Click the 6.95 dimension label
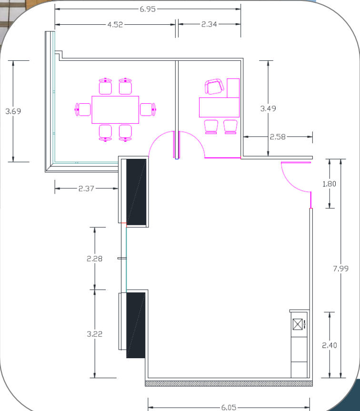coord(148,9)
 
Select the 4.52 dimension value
coord(115,25)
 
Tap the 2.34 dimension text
coord(209,24)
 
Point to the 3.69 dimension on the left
coord(13,111)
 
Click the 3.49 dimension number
coord(268,108)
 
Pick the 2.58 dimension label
coord(278,137)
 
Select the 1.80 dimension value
coord(330,184)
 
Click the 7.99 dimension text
coord(340,269)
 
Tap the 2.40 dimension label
coord(330,345)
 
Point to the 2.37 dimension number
coord(86,189)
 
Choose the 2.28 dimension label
coord(94,259)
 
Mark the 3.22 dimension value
coord(94,334)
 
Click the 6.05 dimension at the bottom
coord(229,407)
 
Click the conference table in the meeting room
coord(115,109)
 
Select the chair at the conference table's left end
coord(83,109)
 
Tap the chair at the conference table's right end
coord(148,109)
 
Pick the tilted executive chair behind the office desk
coord(214,86)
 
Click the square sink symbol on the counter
coord(298,324)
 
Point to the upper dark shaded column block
coord(136,192)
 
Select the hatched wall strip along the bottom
coord(229,383)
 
